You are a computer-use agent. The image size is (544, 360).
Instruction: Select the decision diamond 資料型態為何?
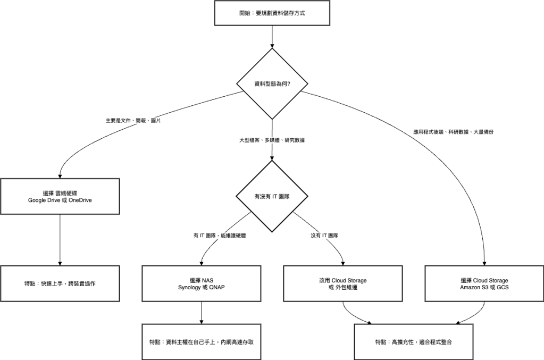(272, 84)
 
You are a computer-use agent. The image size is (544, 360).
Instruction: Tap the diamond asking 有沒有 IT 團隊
(272, 196)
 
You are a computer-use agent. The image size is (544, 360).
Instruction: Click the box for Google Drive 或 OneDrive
(60, 196)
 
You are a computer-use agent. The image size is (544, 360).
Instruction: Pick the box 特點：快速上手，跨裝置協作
(60, 283)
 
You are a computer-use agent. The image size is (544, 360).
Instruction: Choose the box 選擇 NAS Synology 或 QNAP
(201, 283)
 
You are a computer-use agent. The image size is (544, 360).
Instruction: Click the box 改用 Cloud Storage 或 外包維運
(343, 283)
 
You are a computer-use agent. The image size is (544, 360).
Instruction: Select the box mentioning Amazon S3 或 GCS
(484, 283)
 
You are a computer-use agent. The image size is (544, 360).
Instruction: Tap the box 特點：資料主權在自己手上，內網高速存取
(201, 341)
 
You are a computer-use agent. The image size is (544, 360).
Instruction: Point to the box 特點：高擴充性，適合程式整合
(413, 341)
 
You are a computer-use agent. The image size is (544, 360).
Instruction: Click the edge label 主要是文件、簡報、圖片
(133, 121)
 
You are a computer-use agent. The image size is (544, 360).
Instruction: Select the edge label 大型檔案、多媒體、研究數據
(272, 140)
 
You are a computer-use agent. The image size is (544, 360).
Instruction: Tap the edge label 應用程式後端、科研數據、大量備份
(457, 131)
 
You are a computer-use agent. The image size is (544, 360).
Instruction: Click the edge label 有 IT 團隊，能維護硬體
(220, 235)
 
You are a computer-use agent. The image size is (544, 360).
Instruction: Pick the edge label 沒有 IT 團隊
(324, 235)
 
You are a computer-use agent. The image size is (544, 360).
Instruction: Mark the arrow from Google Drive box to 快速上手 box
(60, 239)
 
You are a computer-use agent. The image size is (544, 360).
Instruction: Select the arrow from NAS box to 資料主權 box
(201, 312)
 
